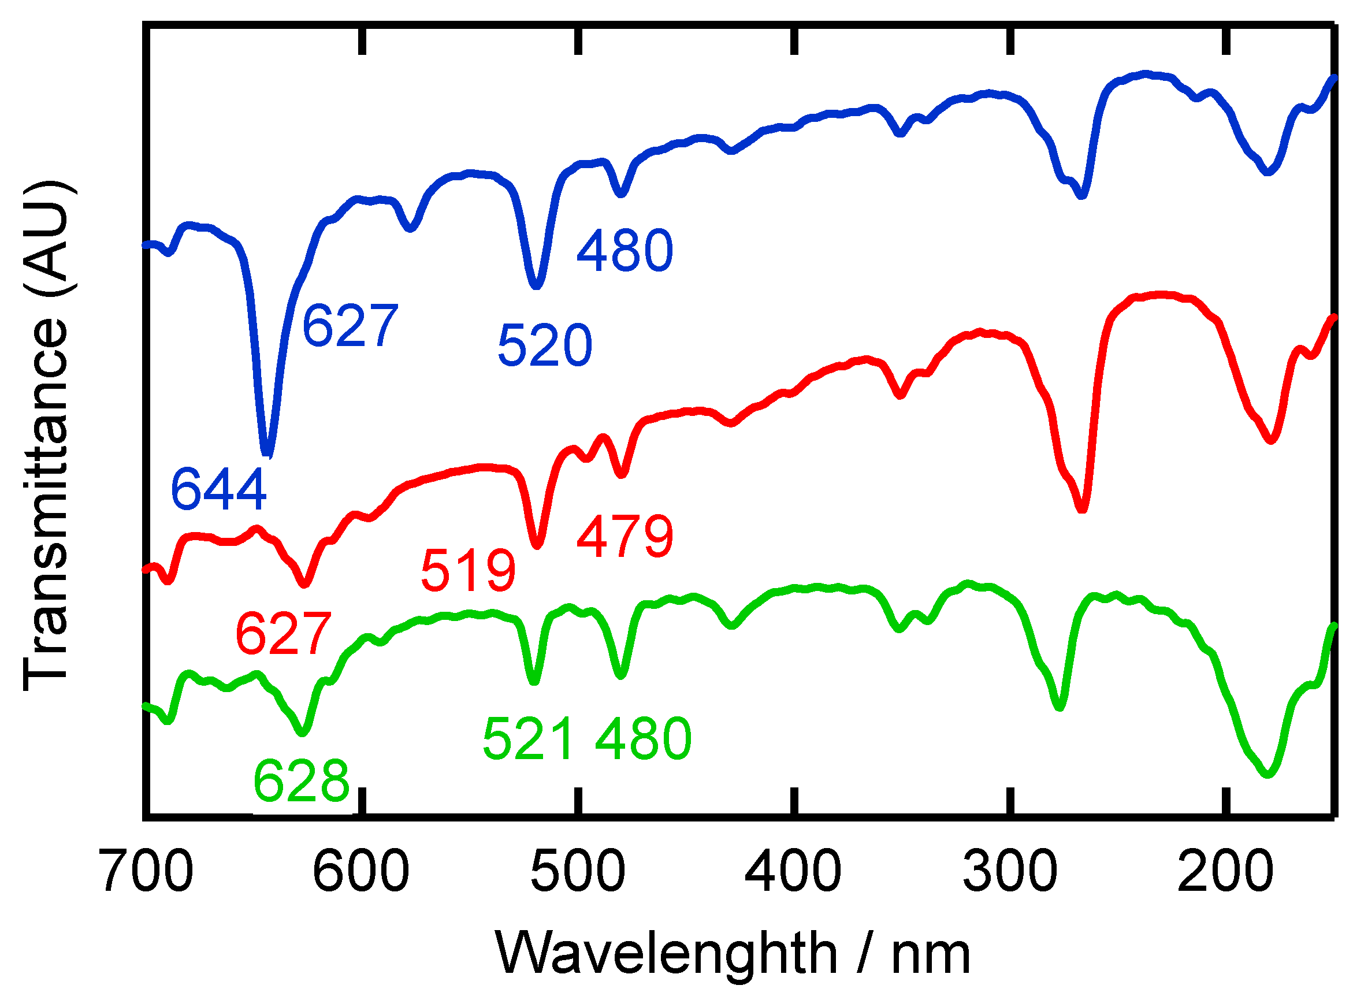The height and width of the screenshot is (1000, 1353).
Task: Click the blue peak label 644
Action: [218, 490]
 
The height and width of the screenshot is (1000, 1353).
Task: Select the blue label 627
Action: [350, 327]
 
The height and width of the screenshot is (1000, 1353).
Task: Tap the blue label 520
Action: [545, 345]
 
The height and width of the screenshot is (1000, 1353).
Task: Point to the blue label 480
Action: [625, 251]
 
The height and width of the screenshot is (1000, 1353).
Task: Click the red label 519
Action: [469, 571]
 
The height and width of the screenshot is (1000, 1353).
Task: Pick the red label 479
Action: [625, 537]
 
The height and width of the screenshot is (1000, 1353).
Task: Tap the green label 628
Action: [302, 782]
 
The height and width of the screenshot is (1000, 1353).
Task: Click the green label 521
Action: [529, 739]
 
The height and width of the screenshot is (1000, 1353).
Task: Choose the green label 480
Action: [643, 739]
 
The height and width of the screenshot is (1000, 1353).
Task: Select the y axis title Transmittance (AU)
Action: [46, 436]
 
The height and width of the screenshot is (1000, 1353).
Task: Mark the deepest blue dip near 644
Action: [267, 454]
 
